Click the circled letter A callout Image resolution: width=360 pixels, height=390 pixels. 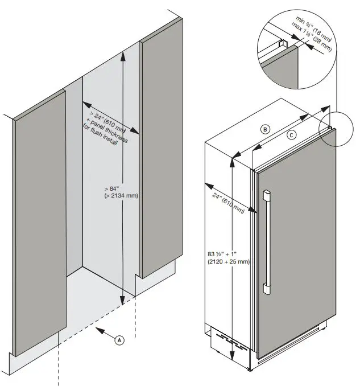click(119, 340)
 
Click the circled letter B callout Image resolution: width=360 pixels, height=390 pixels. click(265, 129)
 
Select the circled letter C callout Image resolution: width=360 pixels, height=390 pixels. click(291, 135)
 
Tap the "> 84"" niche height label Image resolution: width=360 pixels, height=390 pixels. click(111, 188)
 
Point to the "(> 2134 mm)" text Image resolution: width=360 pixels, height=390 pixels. click(121, 196)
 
